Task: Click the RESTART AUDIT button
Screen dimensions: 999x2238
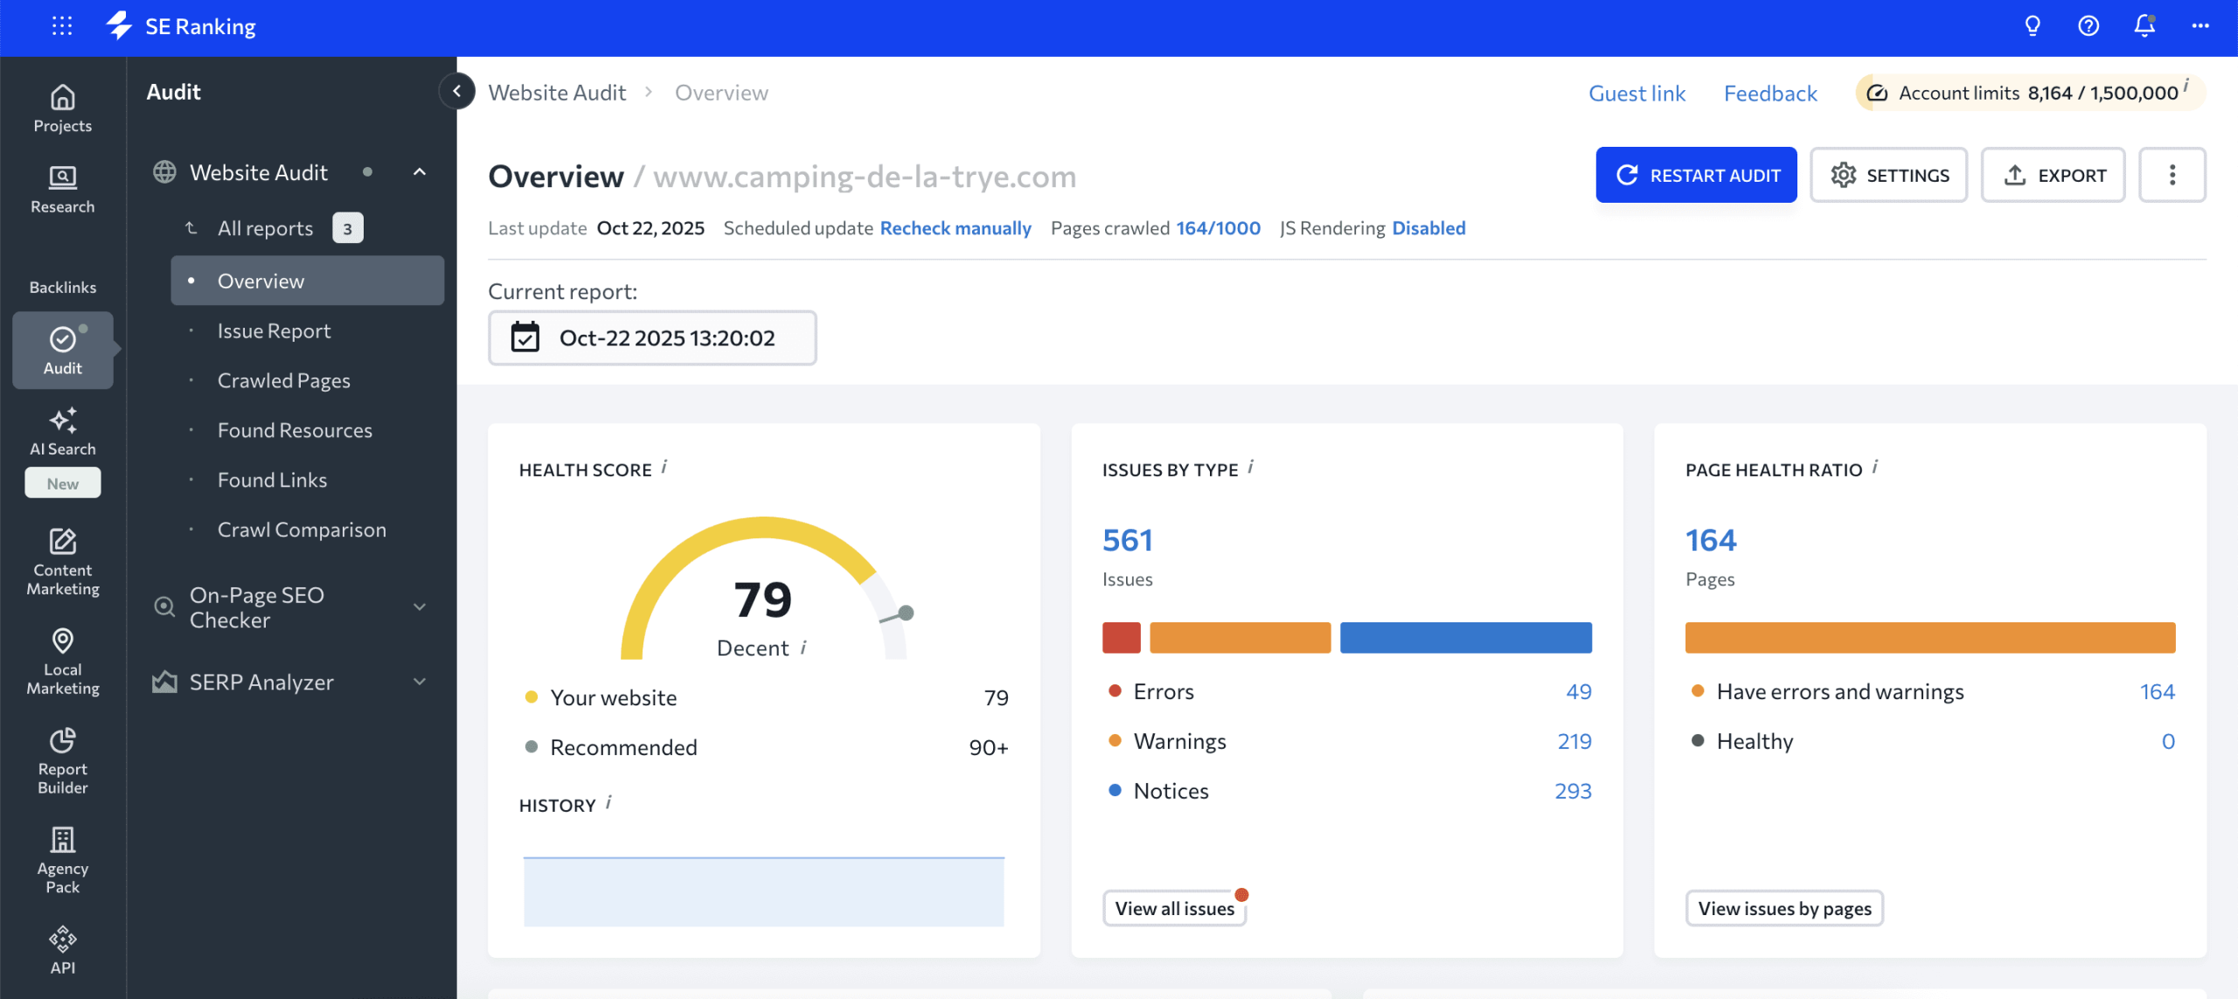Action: point(1696,175)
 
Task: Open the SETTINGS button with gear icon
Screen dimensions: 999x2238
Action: point(1888,175)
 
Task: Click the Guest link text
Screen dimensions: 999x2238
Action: point(1637,94)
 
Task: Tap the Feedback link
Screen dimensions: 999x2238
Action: point(1770,94)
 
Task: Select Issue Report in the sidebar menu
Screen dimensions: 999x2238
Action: point(274,331)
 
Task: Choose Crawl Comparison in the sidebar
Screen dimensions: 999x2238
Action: point(302,530)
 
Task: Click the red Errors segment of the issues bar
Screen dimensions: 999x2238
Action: point(1121,637)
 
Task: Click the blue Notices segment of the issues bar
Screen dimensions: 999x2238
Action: point(1465,637)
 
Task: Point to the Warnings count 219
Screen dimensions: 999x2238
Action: point(1574,741)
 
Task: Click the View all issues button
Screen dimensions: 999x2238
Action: point(1174,908)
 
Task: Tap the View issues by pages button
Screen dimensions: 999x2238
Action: point(1784,908)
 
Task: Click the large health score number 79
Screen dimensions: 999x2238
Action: point(762,600)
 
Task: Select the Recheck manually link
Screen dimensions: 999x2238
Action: point(956,228)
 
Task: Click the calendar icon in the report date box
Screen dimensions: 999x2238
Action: point(525,337)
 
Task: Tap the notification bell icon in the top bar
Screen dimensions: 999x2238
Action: point(2144,26)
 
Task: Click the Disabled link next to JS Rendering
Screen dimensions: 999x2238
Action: point(1428,228)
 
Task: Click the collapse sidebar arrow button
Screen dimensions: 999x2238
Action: point(456,91)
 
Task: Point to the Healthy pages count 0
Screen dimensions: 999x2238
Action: point(2168,741)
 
